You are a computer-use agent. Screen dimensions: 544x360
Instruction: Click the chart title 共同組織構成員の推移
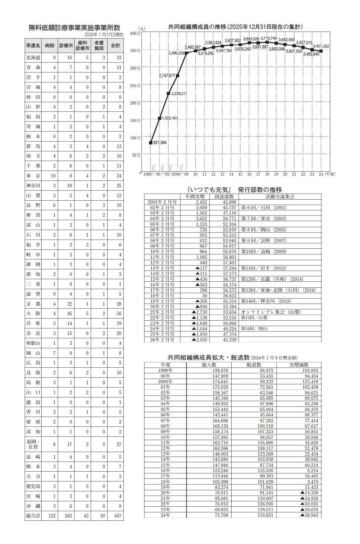[x=235, y=27]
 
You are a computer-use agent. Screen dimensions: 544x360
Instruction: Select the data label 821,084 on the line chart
[x=160, y=143]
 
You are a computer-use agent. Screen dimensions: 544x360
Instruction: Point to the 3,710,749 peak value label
[x=269, y=38]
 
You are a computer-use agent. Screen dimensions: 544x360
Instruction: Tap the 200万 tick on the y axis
[x=136, y=103]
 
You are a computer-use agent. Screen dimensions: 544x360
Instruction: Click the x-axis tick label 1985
[x=147, y=175]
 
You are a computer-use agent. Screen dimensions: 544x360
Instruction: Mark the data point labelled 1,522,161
[x=160, y=118]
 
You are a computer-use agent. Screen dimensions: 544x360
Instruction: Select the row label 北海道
[x=33, y=57]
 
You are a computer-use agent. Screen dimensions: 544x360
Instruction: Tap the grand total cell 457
[x=115, y=515]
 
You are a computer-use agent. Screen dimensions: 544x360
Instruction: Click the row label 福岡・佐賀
[x=33, y=444]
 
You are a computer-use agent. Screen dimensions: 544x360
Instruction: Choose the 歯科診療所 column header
[x=82, y=46]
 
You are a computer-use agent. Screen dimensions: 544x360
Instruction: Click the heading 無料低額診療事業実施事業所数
[x=74, y=28]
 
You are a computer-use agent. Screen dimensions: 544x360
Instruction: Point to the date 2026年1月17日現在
[x=104, y=35]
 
